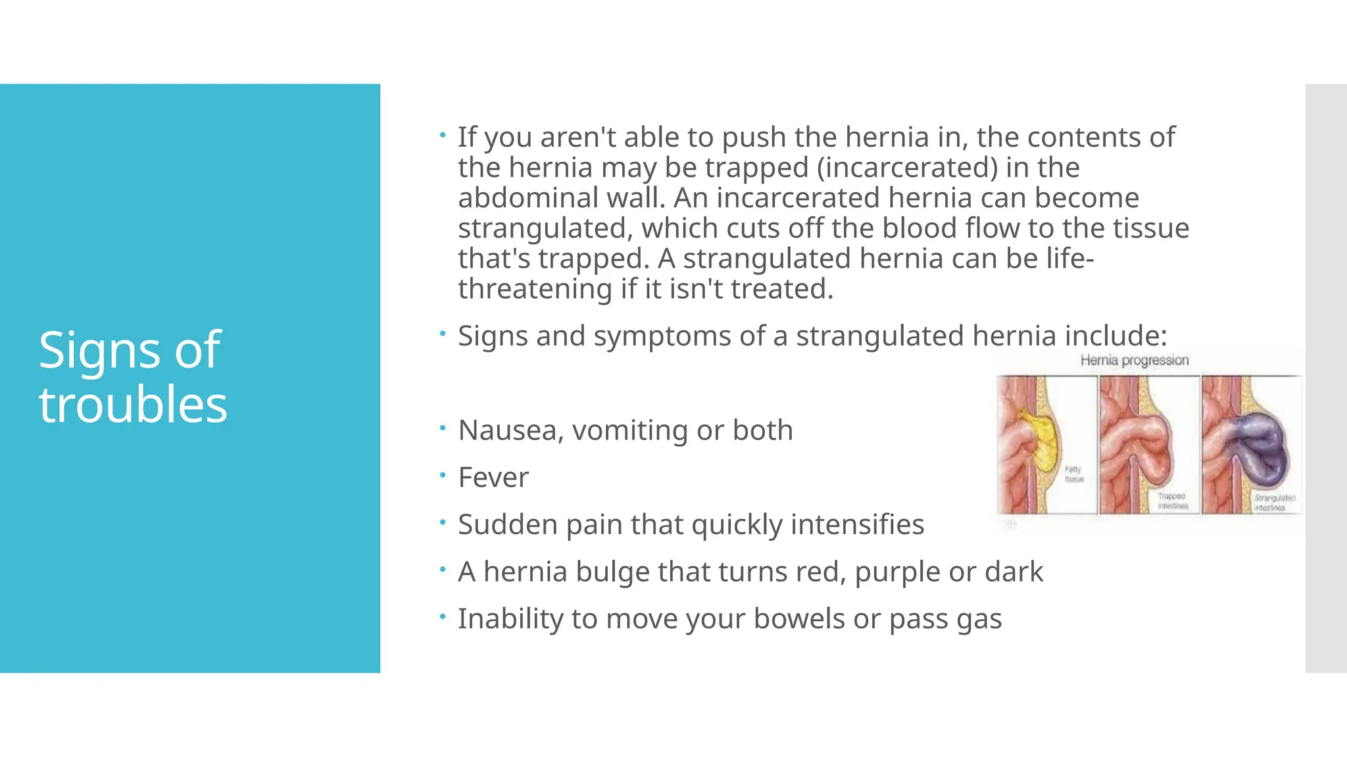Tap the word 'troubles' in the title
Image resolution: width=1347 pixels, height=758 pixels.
point(133,405)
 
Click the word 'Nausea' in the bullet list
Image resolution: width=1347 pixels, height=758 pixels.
point(510,431)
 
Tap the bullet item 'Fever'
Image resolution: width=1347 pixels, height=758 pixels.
point(493,478)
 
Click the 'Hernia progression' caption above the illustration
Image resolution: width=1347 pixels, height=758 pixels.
point(1134,361)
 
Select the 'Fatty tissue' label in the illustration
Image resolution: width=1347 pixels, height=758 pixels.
point(1073,474)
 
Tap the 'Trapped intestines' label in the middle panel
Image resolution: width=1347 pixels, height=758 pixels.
point(1172,501)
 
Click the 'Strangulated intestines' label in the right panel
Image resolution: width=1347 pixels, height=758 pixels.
point(1273,503)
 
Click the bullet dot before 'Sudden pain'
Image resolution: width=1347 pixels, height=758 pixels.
point(443,522)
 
